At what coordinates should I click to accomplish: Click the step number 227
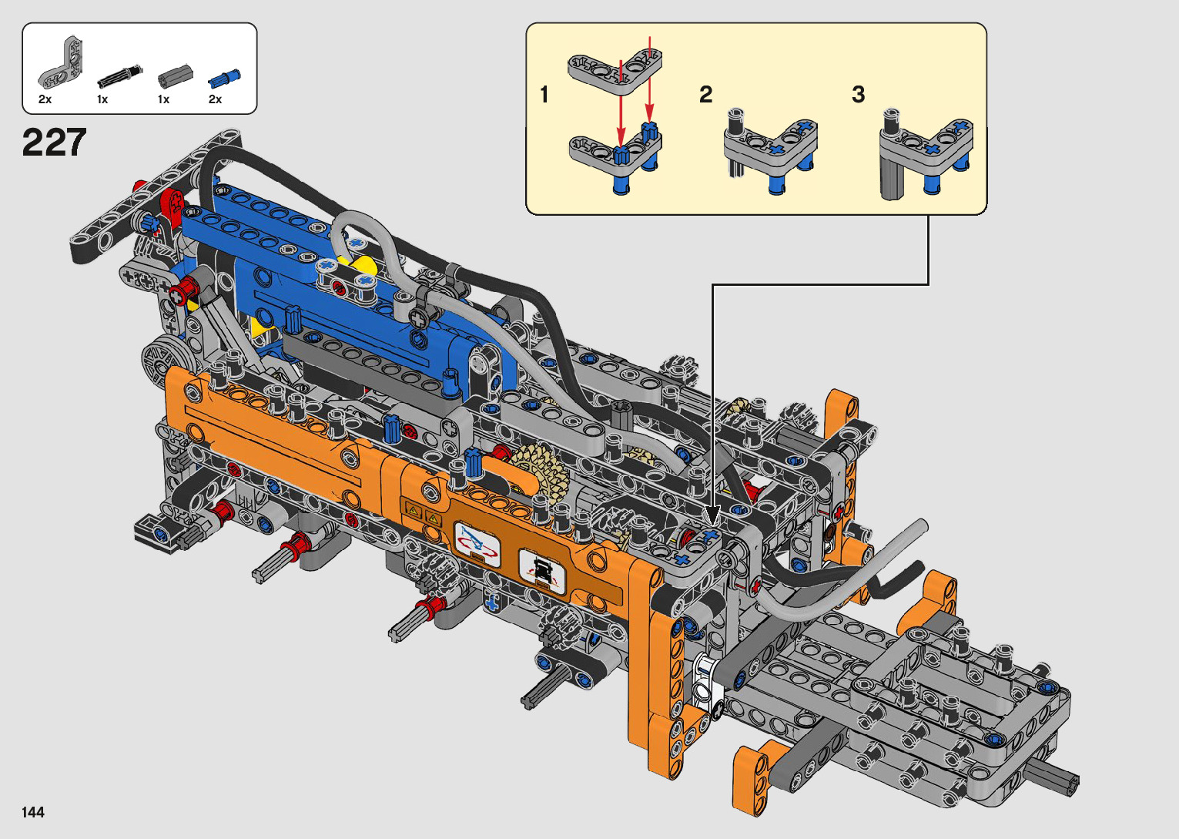click(54, 143)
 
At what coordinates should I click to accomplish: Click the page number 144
click(33, 811)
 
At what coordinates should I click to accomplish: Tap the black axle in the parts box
click(120, 77)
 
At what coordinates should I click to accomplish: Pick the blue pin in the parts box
click(225, 78)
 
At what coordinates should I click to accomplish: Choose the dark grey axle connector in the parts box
click(176, 77)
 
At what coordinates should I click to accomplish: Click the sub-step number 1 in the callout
click(544, 95)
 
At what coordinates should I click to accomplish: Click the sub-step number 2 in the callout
click(706, 95)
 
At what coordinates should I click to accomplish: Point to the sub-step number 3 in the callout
click(859, 95)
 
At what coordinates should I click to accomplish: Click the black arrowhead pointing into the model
click(712, 515)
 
